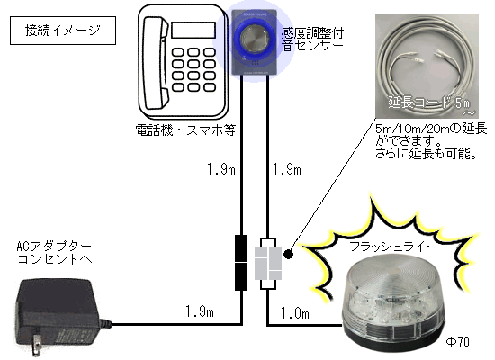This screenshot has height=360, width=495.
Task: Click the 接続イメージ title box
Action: pyautogui.click(x=63, y=31)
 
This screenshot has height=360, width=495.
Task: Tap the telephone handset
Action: pyautogui.click(x=156, y=63)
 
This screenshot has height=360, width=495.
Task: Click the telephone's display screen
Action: pyautogui.click(x=193, y=31)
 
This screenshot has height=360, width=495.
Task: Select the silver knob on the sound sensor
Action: pyautogui.click(x=254, y=41)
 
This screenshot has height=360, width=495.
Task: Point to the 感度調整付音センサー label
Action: pyautogui.click(x=312, y=40)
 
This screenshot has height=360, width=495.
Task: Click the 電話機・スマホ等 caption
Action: pyautogui.click(x=185, y=130)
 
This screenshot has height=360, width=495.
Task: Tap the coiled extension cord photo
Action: pyautogui.click(x=427, y=67)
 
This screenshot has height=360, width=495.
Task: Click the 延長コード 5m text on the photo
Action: pyautogui.click(x=429, y=103)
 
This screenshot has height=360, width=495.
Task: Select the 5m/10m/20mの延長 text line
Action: pyautogui.click(x=431, y=129)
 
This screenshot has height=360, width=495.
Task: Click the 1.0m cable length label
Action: pyautogui.click(x=295, y=313)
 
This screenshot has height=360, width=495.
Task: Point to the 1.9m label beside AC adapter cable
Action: pyautogui.click(x=200, y=311)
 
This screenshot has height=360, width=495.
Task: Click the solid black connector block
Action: pyautogui.click(x=241, y=263)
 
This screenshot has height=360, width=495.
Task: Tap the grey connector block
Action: pyautogui.click(x=268, y=264)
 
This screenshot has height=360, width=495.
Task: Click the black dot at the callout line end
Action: pyautogui.click(x=289, y=254)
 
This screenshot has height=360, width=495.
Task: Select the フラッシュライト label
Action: pyautogui.click(x=391, y=247)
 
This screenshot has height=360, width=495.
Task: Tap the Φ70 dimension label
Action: pyautogui.click(x=457, y=341)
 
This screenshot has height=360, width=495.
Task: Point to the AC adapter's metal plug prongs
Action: pyautogui.click(x=37, y=344)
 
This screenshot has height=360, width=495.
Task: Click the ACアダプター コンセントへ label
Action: pyautogui.click(x=54, y=253)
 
